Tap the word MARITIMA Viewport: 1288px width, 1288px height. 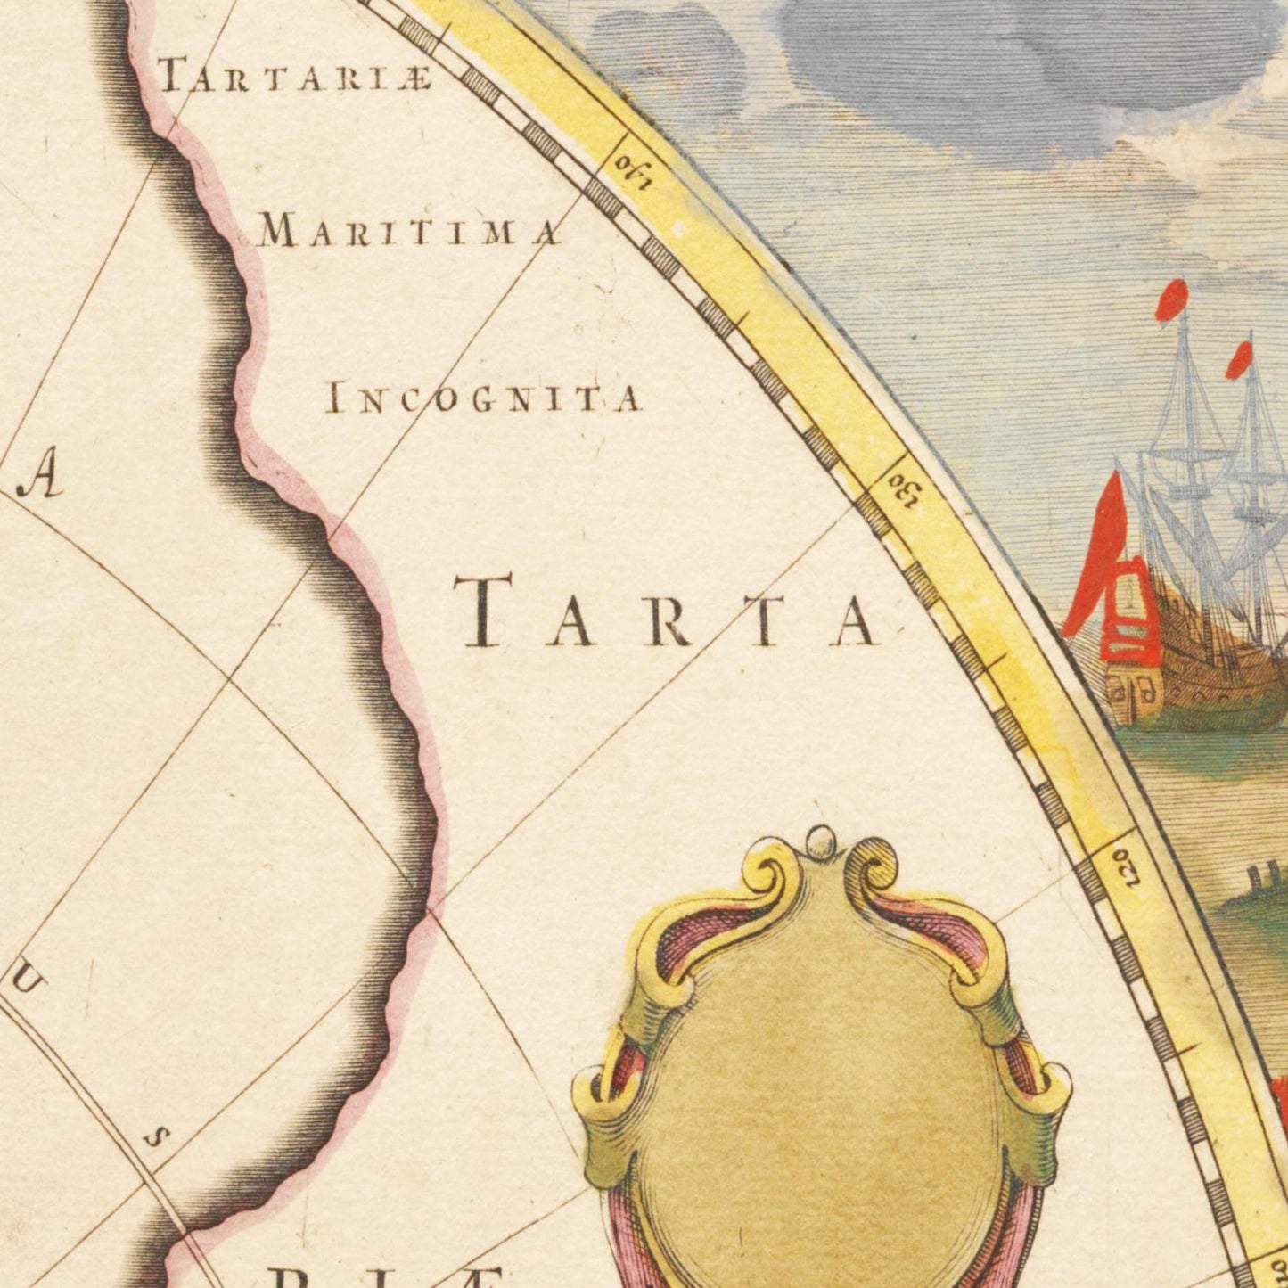tap(411, 233)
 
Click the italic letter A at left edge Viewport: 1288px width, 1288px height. tap(45, 481)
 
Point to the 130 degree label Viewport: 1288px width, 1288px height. tap(902, 488)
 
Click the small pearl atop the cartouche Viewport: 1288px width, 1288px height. tap(816, 838)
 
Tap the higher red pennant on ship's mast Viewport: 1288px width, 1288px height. tap(1175, 298)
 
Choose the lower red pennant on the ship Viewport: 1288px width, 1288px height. tap(1239, 359)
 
